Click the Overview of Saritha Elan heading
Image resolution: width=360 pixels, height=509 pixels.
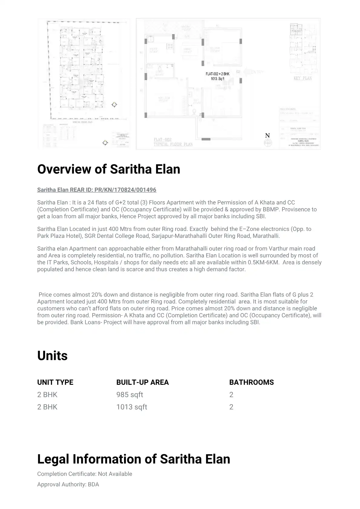(x=109, y=169)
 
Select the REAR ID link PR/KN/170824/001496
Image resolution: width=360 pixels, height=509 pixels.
(x=97, y=190)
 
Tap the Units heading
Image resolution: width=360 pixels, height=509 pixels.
(x=52, y=356)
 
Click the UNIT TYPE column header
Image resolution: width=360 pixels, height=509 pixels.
(x=55, y=382)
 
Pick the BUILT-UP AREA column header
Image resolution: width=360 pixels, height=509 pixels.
(x=142, y=382)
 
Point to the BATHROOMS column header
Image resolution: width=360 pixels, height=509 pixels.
(x=251, y=382)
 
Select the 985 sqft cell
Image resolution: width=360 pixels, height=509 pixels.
(x=130, y=395)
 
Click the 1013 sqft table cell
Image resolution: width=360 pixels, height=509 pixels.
(x=132, y=407)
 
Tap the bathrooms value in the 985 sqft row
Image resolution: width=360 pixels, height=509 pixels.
(x=231, y=395)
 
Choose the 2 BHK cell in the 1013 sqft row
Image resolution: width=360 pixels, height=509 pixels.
(x=47, y=407)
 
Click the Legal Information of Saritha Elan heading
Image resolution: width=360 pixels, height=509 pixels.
(x=133, y=459)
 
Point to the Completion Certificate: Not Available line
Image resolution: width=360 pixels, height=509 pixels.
(x=85, y=474)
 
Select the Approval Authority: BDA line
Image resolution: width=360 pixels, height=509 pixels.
(x=68, y=485)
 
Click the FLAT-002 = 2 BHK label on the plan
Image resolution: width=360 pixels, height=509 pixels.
(x=218, y=74)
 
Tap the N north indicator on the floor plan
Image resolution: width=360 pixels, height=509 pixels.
(x=267, y=136)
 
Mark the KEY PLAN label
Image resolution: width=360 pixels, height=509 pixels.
(x=303, y=78)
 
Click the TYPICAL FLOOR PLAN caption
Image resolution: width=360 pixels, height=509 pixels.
(x=173, y=144)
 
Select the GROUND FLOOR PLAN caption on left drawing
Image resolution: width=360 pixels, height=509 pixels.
(x=83, y=122)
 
